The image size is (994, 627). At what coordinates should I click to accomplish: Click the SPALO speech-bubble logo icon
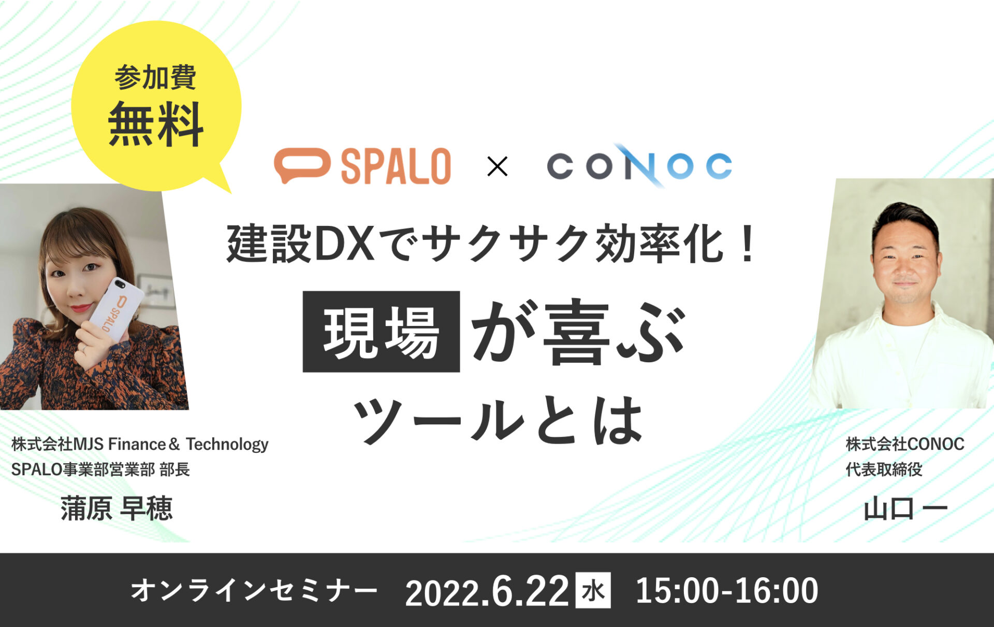click(x=302, y=165)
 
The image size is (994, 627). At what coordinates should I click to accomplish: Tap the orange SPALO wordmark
click(x=396, y=166)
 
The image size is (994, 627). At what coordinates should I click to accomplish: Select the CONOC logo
click(x=639, y=166)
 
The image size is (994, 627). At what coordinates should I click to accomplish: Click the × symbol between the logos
click(x=498, y=166)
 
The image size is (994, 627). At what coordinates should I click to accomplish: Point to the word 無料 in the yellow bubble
click(x=156, y=124)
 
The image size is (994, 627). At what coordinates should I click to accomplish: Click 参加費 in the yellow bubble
click(x=155, y=77)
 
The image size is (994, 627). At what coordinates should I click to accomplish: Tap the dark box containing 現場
click(x=381, y=332)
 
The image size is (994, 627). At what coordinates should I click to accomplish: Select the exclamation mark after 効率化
click(x=747, y=244)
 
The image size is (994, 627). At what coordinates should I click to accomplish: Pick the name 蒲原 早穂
click(x=116, y=508)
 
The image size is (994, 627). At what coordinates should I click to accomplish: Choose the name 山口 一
click(x=905, y=509)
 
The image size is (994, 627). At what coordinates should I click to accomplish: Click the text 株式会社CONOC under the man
click(x=905, y=444)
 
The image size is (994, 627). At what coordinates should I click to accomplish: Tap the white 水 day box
click(x=593, y=590)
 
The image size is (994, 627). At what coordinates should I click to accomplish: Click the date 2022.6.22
click(x=487, y=591)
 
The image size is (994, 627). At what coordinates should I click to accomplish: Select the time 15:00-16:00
click(x=727, y=591)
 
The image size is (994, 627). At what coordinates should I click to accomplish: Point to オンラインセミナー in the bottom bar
click(x=254, y=591)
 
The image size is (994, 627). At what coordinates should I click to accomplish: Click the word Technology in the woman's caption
click(x=227, y=445)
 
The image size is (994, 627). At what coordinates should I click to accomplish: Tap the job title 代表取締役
click(x=884, y=469)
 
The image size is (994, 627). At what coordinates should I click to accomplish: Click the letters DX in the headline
click(x=344, y=244)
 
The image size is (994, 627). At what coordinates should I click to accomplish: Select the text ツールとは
click(x=498, y=420)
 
